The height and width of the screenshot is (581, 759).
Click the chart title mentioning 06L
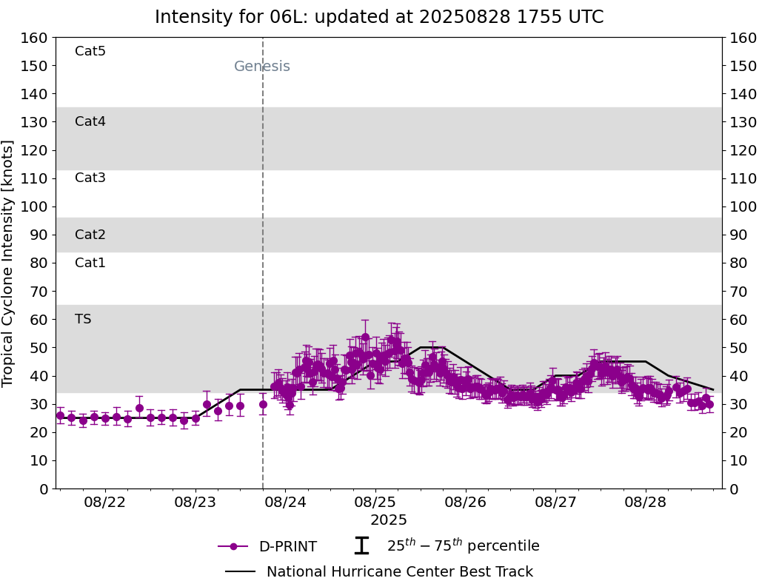click(379, 17)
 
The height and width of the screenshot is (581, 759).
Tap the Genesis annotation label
click(262, 67)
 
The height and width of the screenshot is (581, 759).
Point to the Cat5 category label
click(90, 51)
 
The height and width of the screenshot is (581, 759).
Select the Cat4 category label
click(90, 121)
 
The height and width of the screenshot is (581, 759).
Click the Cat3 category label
click(90, 178)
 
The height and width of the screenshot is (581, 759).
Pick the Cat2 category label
click(90, 235)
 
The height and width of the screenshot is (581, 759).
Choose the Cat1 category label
click(90, 263)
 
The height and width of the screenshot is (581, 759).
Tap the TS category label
click(83, 319)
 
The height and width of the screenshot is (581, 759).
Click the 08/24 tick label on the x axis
click(286, 503)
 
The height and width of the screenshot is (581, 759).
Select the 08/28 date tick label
click(646, 503)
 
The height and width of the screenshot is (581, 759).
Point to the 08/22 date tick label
click(105, 503)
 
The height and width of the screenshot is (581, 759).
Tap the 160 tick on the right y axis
click(742, 38)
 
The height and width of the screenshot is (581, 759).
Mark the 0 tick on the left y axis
click(44, 488)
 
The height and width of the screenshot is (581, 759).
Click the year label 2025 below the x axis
click(389, 520)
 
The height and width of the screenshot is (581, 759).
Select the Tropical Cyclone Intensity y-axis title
click(9, 263)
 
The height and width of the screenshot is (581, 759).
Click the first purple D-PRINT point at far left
click(60, 415)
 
